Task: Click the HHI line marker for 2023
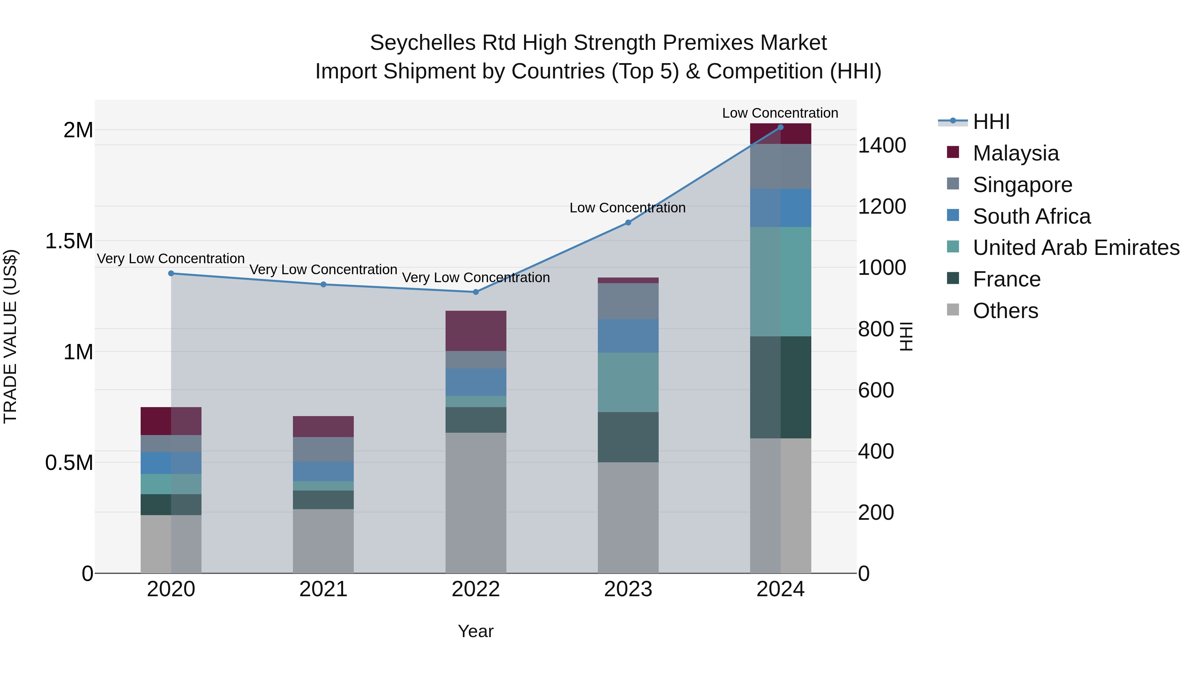tap(628, 222)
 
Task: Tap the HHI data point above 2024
tap(780, 127)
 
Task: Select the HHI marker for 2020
tap(171, 274)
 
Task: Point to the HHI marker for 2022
tap(475, 292)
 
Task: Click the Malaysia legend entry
tap(1015, 153)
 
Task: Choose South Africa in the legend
tap(1031, 216)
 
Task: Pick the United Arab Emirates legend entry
tap(1076, 248)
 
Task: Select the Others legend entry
tap(1005, 311)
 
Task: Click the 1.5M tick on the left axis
tap(69, 241)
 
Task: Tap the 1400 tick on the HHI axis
tap(881, 145)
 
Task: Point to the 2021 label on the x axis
tap(324, 589)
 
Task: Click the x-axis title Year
tap(475, 631)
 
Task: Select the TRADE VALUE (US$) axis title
tap(10, 336)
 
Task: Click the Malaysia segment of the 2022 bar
tap(475, 331)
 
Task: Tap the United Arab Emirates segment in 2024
tap(780, 281)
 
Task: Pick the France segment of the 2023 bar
tap(628, 437)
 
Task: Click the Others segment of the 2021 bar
tap(324, 541)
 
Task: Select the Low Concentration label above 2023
tap(627, 208)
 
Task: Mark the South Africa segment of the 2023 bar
tap(628, 336)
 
